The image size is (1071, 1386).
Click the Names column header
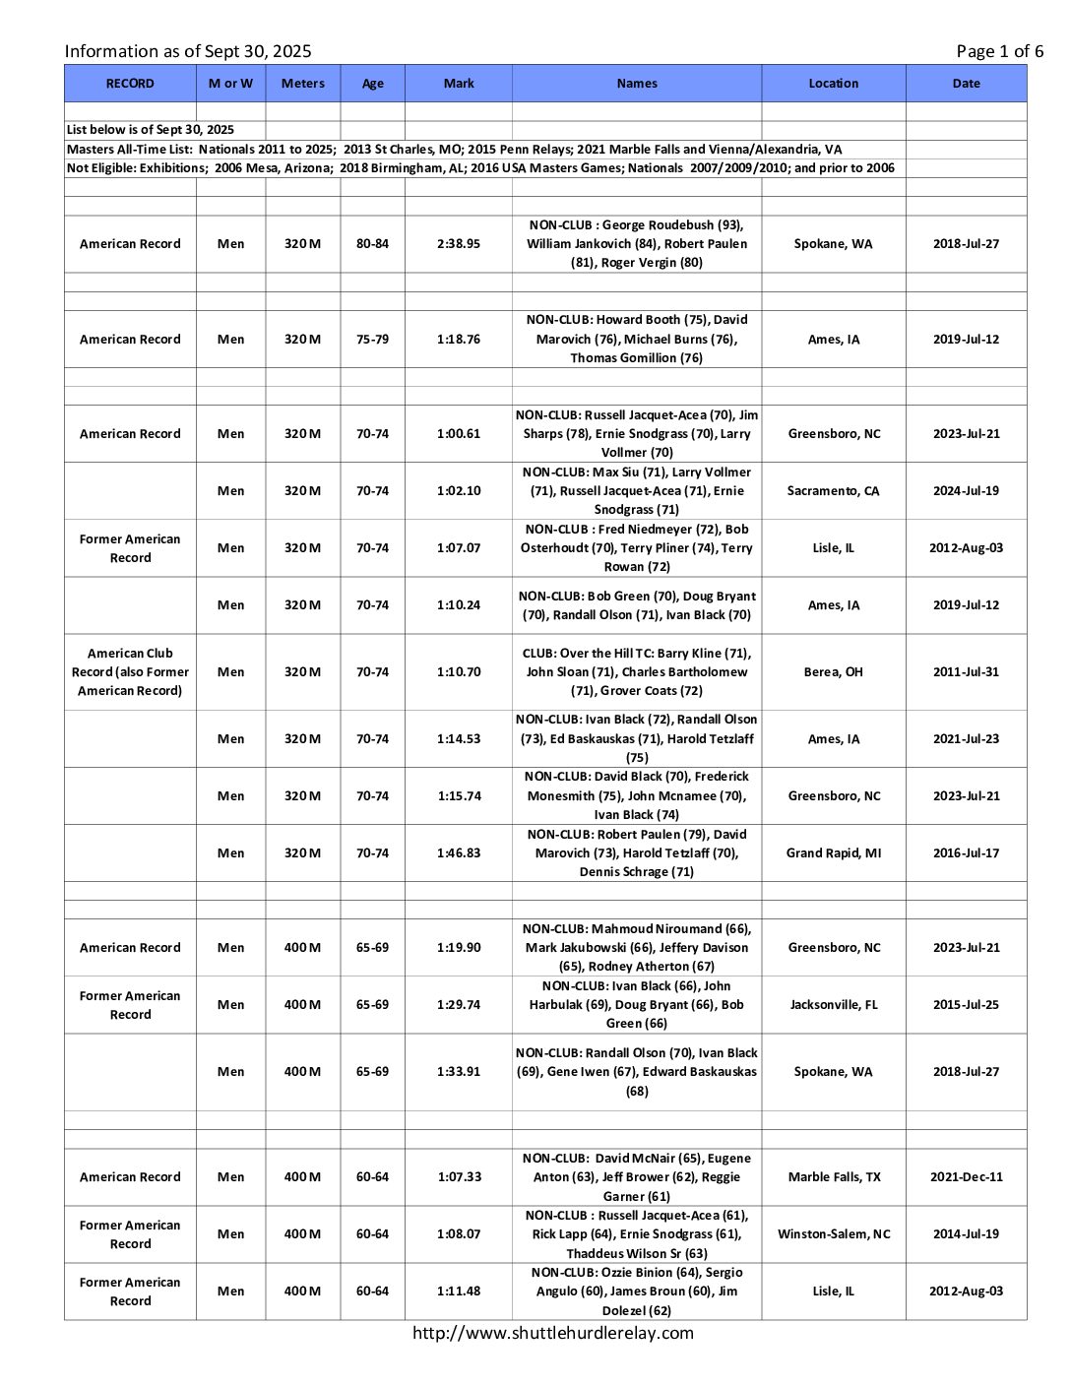tap(636, 84)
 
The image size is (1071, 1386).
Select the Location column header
tap(833, 84)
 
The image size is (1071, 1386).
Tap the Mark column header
tap(459, 84)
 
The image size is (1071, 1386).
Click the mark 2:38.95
tap(459, 244)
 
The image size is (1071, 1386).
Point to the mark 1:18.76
tap(459, 340)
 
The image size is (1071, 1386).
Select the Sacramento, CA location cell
tap(833, 491)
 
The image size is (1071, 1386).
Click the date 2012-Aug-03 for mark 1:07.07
tap(966, 548)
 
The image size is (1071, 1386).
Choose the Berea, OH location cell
tap(833, 672)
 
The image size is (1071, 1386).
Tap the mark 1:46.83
tap(459, 853)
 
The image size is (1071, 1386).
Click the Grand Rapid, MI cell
tap(833, 853)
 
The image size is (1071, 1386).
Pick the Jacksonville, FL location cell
tap(833, 1005)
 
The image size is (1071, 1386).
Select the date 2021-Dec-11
tap(966, 1177)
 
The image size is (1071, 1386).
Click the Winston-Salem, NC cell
tap(833, 1234)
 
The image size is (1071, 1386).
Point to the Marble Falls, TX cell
tap(833, 1177)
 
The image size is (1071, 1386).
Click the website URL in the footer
tap(552, 1334)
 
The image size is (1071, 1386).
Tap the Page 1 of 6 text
tap(999, 51)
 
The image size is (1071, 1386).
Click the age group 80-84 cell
tap(372, 244)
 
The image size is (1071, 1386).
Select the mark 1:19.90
tap(459, 948)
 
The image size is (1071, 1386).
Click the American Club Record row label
tap(130, 672)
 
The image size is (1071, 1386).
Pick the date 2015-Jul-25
tap(966, 1005)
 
